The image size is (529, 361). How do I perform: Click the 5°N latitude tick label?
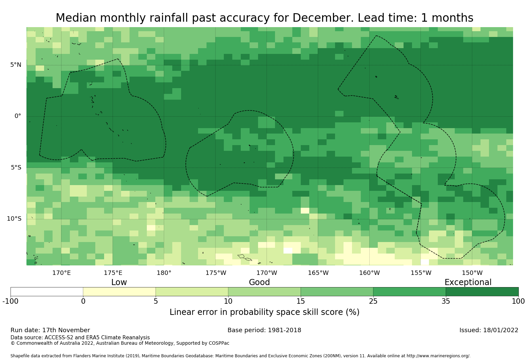[x=16, y=65]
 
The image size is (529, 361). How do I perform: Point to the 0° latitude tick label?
[x=18, y=116]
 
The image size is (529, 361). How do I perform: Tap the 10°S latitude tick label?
[x=14, y=219]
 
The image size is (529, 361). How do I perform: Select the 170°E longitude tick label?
[x=61, y=273]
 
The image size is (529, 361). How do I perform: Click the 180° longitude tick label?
[x=164, y=273]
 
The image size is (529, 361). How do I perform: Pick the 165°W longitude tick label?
[x=318, y=273]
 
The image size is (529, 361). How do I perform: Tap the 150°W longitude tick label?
[x=472, y=273]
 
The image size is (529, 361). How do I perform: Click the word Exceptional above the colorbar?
[x=468, y=282]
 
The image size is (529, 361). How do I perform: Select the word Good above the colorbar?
[x=259, y=282]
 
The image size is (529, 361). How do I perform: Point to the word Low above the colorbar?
[x=119, y=282]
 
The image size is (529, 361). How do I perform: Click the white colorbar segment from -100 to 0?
[x=47, y=292]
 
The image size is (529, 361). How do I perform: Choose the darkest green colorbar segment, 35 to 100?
[x=482, y=292]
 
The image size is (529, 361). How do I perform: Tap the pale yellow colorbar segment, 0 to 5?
[x=119, y=292]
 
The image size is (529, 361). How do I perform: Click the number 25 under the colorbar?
[x=373, y=301]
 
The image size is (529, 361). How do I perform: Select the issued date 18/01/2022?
[x=500, y=330]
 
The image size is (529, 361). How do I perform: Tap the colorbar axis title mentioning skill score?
[x=264, y=312]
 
